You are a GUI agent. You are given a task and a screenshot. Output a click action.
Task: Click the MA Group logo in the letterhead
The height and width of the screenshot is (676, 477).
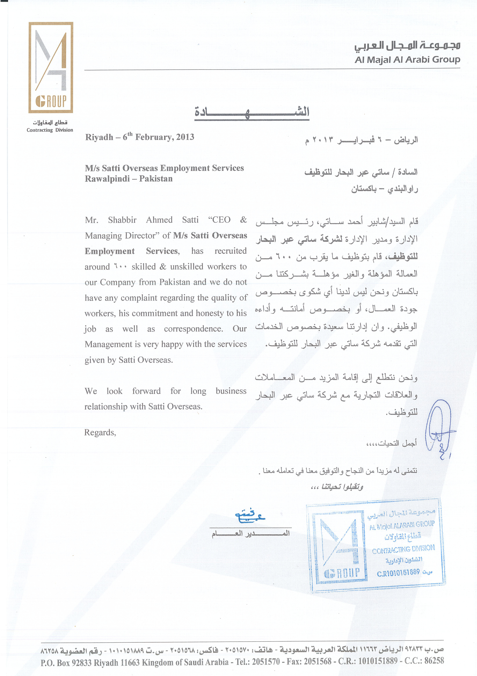(51, 67)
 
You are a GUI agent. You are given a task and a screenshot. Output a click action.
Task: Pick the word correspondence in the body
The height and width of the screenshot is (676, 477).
(193, 329)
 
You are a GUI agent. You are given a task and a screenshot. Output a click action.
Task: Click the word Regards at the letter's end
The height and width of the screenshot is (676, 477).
(100, 433)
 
